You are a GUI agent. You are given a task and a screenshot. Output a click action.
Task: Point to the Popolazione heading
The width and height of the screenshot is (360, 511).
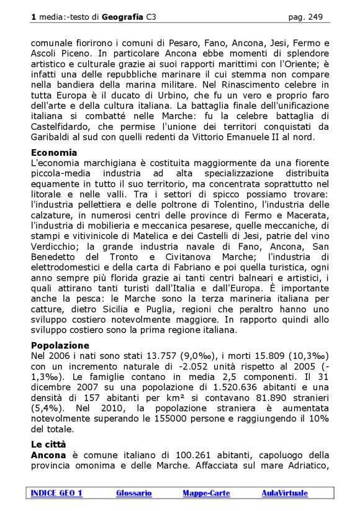60,345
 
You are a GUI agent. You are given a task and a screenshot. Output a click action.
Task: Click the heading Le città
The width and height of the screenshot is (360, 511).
48,445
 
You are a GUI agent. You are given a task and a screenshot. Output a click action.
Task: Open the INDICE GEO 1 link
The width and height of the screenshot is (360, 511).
56,493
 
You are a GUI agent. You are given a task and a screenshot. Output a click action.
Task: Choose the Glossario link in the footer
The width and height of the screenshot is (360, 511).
133,493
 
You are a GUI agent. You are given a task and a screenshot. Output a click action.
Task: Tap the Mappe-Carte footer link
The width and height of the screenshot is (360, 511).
206,493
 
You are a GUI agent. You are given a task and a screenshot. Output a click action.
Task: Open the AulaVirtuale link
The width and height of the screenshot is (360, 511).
284,493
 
